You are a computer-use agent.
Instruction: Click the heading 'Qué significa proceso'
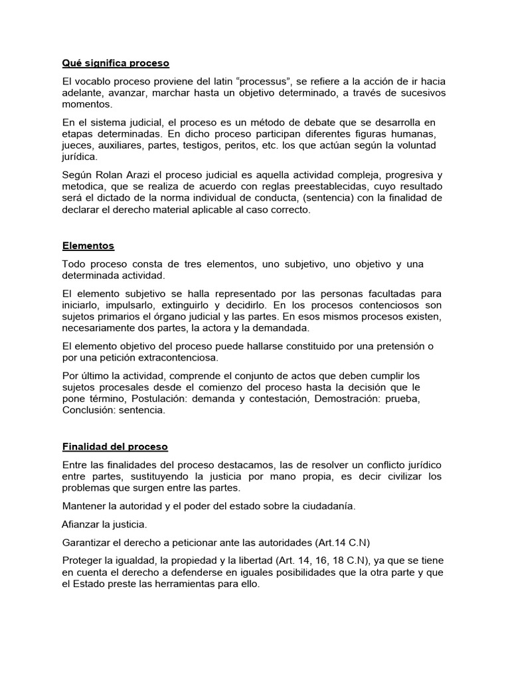click(x=116, y=63)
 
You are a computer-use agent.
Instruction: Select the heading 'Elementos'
click(x=88, y=246)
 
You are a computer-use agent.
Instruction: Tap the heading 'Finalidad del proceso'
click(x=115, y=446)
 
